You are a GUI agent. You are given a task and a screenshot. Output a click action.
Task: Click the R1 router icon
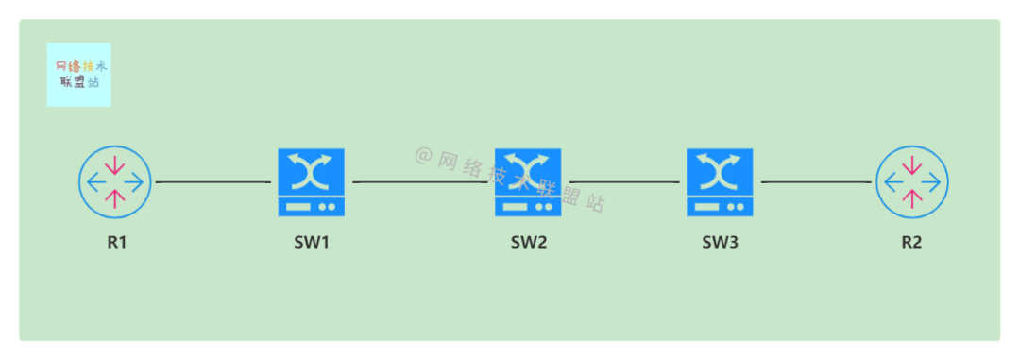(115, 181)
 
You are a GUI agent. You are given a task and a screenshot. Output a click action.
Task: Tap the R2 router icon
(911, 181)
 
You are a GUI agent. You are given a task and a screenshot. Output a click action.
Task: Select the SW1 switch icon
(312, 181)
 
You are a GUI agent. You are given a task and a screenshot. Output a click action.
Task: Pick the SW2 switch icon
(528, 181)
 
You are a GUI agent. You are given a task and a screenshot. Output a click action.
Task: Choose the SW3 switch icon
(720, 181)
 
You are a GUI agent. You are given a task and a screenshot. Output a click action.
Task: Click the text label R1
(116, 242)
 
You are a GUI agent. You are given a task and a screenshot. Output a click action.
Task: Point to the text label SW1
(312, 242)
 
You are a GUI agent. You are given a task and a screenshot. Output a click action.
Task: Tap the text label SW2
(529, 242)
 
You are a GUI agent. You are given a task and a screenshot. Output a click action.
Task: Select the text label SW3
(720, 242)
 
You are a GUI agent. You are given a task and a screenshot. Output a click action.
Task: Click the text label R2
(911, 242)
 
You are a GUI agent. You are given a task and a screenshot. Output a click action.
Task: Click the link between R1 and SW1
(213, 181)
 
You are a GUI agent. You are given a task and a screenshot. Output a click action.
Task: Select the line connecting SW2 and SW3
(624, 181)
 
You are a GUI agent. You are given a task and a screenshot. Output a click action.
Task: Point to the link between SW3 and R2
(816, 181)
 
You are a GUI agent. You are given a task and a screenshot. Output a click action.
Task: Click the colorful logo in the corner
(78, 75)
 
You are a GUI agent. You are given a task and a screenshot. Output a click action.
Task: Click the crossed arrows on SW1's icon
(312, 171)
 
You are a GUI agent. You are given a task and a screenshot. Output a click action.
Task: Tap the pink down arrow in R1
(115, 166)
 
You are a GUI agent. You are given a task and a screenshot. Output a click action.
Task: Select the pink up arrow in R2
(911, 197)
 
